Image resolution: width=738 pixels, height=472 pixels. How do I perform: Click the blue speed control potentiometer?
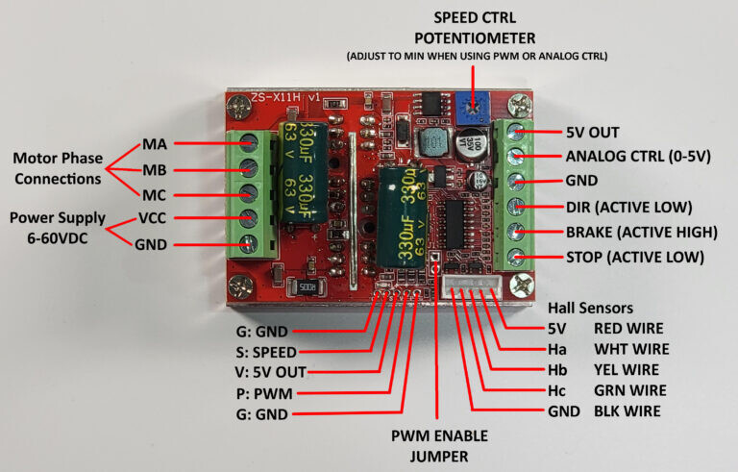(x=472, y=109)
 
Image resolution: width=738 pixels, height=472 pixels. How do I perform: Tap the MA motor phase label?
(x=155, y=144)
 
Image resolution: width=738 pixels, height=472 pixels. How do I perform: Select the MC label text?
(x=155, y=195)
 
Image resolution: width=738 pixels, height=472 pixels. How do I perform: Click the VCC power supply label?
(x=152, y=218)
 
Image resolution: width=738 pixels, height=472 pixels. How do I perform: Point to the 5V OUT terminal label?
(x=593, y=133)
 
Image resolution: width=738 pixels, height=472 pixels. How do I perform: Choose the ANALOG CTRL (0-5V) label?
(x=638, y=157)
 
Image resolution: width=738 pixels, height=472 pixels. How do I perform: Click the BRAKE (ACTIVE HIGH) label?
(x=642, y=233)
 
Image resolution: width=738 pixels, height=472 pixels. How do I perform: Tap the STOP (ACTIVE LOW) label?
(x=635, y=258)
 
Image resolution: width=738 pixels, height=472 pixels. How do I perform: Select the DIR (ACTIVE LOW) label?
(x=628, y=208)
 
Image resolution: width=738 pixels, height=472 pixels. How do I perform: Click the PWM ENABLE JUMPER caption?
(x=439, y=446)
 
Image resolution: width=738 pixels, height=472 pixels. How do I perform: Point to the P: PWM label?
(x=264, y=393)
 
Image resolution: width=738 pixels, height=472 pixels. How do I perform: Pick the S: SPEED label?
(x=266, y=353)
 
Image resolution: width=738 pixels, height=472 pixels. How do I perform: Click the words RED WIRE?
(x=628, y=329)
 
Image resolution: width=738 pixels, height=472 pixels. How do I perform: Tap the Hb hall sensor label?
(x=557, y=370)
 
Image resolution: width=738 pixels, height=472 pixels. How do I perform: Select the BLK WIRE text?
(x=627, y=411)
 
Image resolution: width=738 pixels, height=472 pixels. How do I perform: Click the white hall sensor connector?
(x=472, y=286)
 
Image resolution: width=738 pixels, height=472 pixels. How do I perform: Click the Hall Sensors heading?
(x=590, y=308)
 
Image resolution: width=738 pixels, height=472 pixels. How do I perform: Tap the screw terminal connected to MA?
(x=248, y=142)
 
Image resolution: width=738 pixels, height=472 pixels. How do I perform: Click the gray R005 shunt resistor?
(x=306, y=286)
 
